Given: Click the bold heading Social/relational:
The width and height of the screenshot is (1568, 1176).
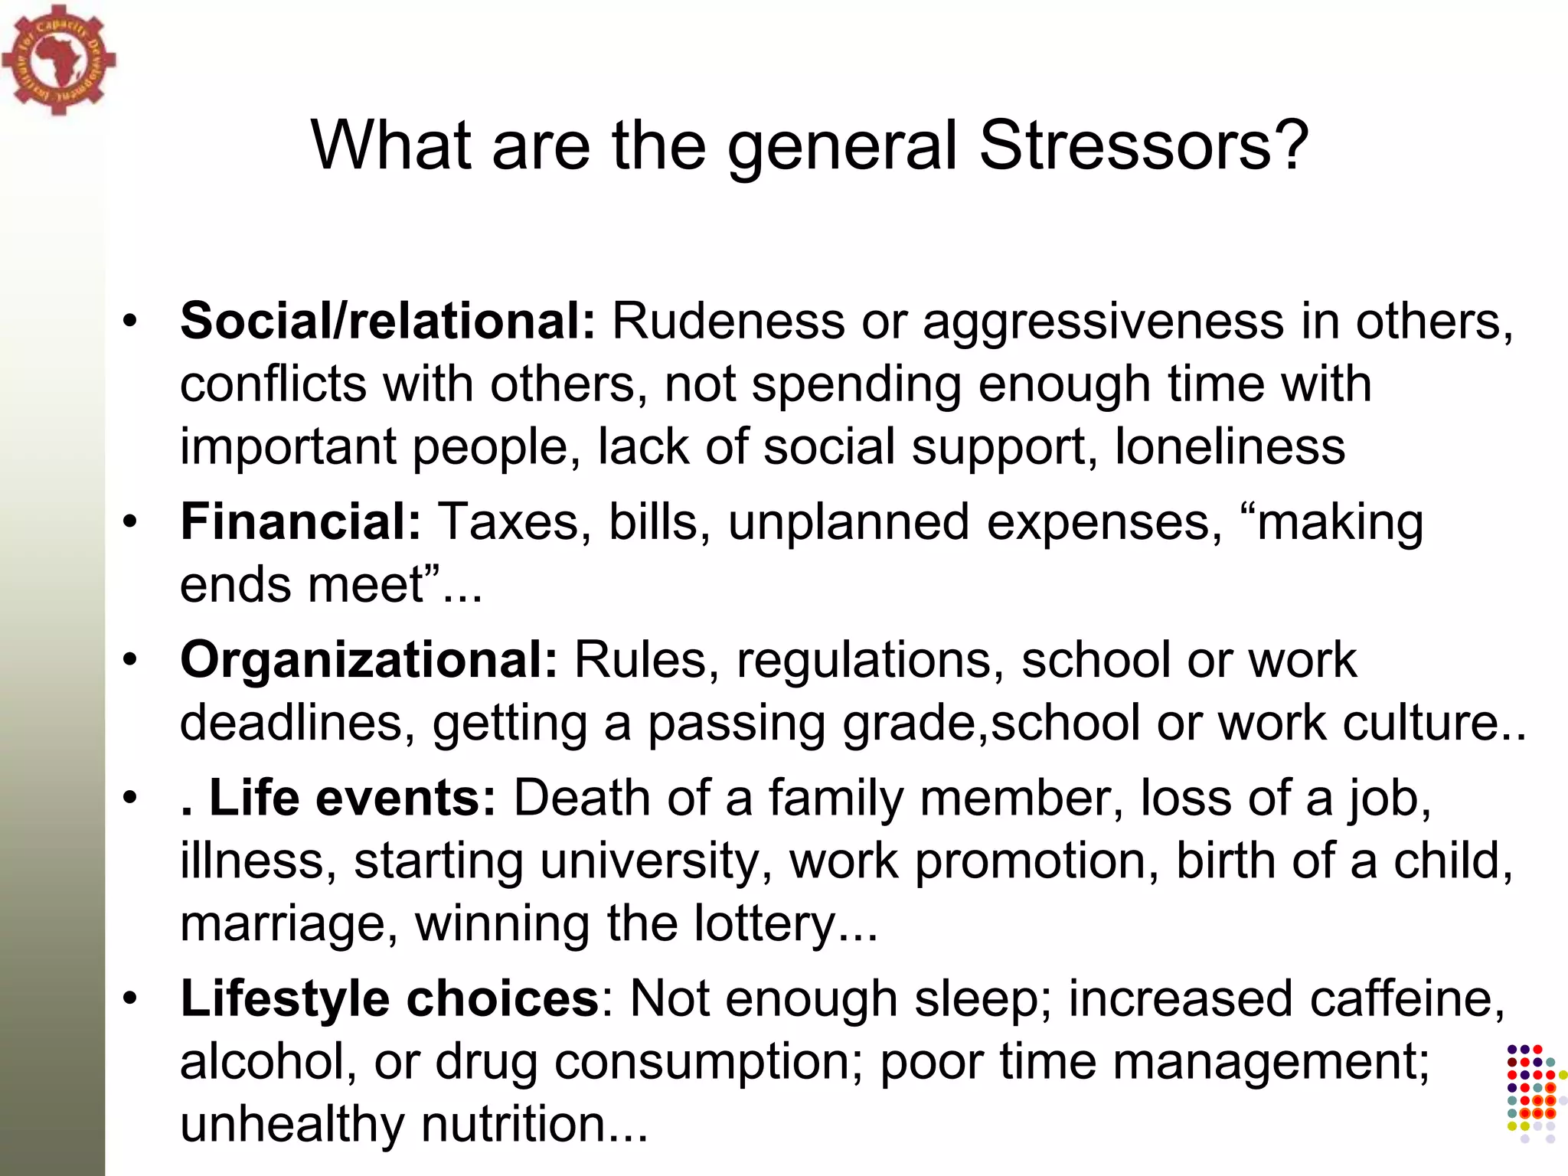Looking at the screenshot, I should pyautogui.click(x=387, y=320).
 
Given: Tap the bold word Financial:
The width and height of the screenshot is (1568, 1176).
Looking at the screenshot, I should pyautogui.click(x=301, y=522).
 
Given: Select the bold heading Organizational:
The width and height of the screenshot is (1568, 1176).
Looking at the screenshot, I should pyautogui.click(x=369, y=659).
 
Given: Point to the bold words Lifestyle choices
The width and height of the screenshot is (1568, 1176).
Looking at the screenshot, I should pyautogui.click(x=389, y=998).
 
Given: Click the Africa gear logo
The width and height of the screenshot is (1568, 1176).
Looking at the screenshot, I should pyautogui.click(x=59, y=60).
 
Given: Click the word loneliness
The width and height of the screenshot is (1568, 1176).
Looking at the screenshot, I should pyautogui.click(x=1230, y=446).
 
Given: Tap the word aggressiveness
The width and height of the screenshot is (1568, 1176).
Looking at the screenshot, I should pyautogui.click(x=1103, y=322).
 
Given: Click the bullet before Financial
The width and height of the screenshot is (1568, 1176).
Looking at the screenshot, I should pyautogui.click(x=131, y=521).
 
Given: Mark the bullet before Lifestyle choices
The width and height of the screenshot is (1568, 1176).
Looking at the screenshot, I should pyautogui.click(x=131, y=998).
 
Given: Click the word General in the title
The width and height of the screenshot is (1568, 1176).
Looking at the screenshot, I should pyautogui.click(x=842, y=147).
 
